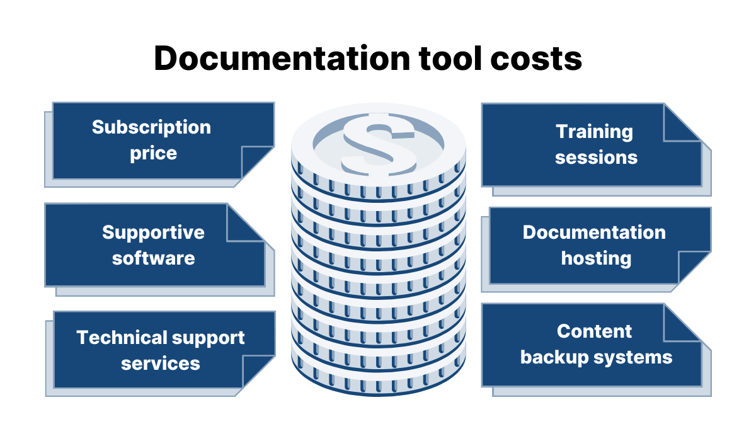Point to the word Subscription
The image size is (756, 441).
click(151, 127)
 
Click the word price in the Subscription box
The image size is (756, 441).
click(153, 153)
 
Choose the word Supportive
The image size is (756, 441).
click(153, 232)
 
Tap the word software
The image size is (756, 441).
click(153, 258)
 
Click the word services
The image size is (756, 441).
click(160, 364)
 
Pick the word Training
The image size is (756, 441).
click(594, 132)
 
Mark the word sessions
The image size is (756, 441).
click(596, 157)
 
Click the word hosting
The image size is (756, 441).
click(596, 258)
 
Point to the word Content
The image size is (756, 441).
click(594, 331)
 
